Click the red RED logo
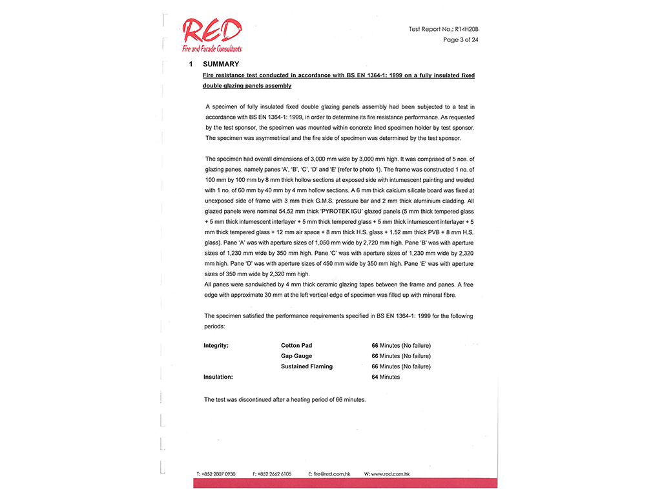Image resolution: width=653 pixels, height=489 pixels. coord(212,31)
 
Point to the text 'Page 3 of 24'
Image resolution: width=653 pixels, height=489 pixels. coord(461,40)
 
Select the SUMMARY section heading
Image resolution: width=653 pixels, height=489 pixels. coord(221,64)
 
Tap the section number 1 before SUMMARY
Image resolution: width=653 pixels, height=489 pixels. coord(191,64)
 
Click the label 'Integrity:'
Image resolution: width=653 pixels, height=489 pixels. coord(216,346)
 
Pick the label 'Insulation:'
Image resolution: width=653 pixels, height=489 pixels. coord(218,377)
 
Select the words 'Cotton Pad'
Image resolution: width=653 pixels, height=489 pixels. coord(296,346)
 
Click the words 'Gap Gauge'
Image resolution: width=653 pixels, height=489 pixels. coord(296,356)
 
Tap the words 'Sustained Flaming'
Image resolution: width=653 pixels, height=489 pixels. coord(307,366)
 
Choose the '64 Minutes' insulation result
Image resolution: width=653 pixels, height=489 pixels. coord(386,377)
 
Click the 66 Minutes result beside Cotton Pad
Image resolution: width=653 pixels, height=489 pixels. coord(400,346)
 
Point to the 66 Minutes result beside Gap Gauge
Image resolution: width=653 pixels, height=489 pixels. coord(400,356)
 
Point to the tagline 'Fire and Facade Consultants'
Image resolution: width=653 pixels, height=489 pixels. coord(212,49)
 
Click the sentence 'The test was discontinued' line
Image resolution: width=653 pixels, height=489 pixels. coord(285,400)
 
